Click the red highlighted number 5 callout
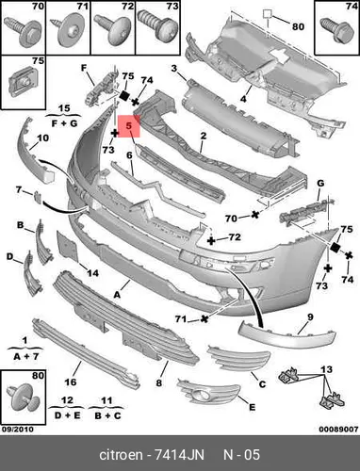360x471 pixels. point(129,126)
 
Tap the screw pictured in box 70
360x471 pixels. point(23,31)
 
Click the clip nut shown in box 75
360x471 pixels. point(24,81)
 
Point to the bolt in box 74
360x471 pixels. point(336,29)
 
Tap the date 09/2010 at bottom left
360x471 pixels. point(18,429)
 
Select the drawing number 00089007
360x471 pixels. point(338,429)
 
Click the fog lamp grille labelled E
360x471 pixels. point(208,390)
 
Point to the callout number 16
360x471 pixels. point(71,382)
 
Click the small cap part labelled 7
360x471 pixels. point(38,197)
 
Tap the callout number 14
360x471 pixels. point(92,273)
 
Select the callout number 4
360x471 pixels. point(243,99)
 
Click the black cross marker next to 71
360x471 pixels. point(205,319)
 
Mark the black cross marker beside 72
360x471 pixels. point(211,241)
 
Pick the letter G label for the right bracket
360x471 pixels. point(320,183)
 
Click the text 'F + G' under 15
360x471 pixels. point(64,123)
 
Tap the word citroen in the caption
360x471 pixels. point(121,455)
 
